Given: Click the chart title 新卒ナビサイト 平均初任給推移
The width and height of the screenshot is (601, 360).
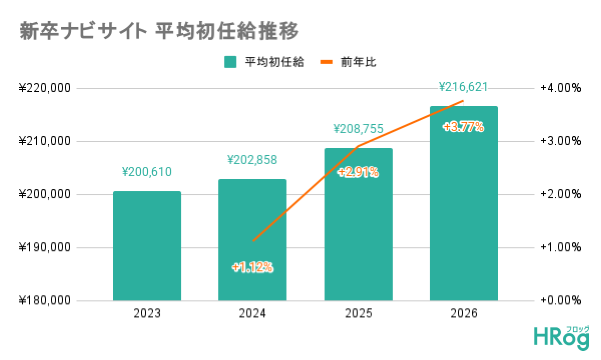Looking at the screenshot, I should click(159, 31).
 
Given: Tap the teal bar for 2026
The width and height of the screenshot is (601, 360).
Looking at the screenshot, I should click(463, 210).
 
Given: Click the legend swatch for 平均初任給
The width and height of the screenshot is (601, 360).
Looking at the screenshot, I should click(230, 62).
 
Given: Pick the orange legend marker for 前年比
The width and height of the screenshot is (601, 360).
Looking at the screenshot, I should click(327, 62).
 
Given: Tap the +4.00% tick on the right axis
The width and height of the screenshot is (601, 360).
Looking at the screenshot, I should click(560, 89).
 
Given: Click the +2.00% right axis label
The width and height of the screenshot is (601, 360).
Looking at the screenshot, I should click(560, 195).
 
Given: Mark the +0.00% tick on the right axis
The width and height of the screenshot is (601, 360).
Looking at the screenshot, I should click(560, 301).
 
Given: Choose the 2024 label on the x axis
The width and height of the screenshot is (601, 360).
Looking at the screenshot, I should click(252, 314).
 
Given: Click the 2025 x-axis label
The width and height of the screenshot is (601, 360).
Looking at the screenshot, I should click(358, 314).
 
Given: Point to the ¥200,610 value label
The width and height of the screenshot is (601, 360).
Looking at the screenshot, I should click(147, 173).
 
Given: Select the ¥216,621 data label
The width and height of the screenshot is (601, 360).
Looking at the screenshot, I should click(463, 88).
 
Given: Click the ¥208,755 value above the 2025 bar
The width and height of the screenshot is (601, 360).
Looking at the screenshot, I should click(358, 129).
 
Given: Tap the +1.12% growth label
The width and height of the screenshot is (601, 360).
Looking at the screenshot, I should click(252, 268).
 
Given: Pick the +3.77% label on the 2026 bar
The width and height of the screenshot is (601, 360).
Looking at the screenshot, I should click(463, 127).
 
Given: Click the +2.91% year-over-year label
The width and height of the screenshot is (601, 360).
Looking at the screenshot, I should click(358, 173).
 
